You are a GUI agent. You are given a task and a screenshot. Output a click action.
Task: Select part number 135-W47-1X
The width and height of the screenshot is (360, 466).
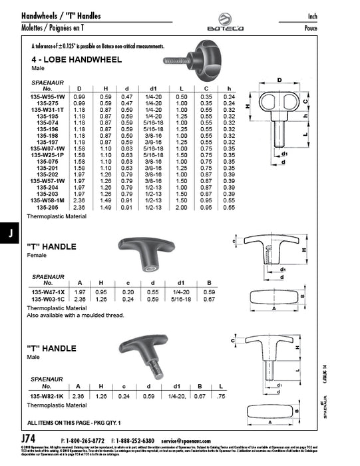pyautogui.click(x=46, y=292)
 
